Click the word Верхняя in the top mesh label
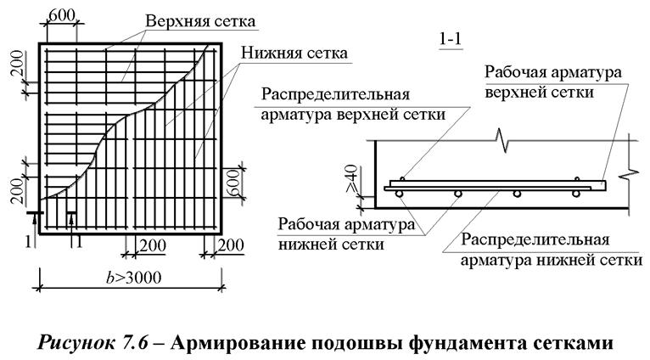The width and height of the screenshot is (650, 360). click(x=173, y=21)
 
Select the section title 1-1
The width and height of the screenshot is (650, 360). click(x=451, y=38)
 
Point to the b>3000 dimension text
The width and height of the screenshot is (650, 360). click(x=133, y=277)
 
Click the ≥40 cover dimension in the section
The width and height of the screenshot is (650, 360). click(x=351, y=178)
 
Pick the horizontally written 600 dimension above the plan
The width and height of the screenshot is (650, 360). click(x=62, y=16)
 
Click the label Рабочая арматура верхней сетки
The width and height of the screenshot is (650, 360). click(x=553, y=82)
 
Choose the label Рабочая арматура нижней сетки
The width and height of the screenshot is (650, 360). click(x=346, y=234)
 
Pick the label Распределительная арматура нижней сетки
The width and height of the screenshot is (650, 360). click(x=552, y=250)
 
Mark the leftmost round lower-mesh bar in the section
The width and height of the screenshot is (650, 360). click(x=399, y=194)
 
